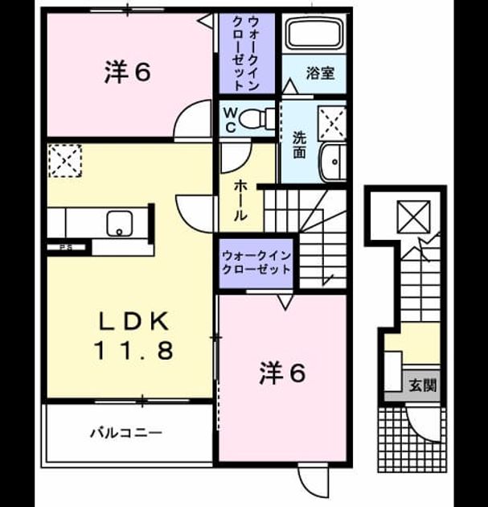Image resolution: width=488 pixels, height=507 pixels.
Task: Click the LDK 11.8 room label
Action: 133,336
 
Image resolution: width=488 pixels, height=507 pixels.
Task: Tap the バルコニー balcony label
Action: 126,433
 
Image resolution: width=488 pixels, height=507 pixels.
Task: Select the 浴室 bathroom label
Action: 321,73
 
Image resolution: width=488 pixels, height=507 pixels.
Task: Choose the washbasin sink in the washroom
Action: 333,161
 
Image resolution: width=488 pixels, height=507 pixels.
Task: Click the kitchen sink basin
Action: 119,224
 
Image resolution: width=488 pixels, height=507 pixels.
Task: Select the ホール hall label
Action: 240,200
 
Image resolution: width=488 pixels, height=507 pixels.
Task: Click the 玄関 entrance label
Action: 423,385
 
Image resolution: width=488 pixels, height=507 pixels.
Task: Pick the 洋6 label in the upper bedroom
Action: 128,72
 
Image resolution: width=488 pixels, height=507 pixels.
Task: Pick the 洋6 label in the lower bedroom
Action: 283,373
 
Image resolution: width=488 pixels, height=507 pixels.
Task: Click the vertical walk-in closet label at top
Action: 247,54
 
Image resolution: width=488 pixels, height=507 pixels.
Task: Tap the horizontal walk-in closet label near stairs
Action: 256,262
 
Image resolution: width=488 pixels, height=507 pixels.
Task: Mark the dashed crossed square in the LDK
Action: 65,161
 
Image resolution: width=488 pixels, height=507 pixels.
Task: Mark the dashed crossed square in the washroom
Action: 332,123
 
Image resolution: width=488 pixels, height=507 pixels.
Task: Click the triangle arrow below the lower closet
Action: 285,303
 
